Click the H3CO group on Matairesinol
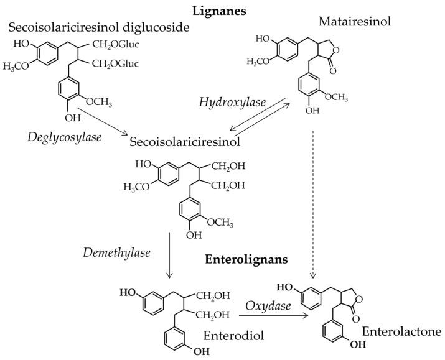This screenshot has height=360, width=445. (x=258, y=60)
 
